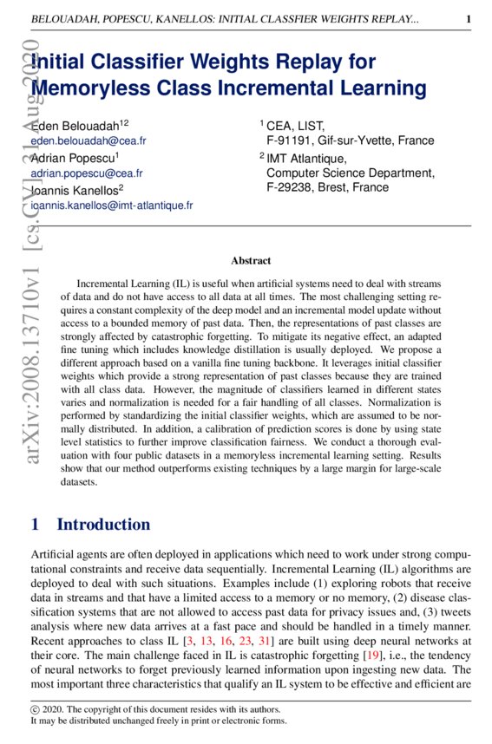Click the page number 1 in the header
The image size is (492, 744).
(469, 19)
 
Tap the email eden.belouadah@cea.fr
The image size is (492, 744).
(88, 140)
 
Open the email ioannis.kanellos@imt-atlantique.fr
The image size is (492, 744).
(111, 206)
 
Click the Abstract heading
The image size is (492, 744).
(251, 260)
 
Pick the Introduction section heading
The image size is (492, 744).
(102, 525)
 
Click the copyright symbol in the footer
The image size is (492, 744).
(35, 708)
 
